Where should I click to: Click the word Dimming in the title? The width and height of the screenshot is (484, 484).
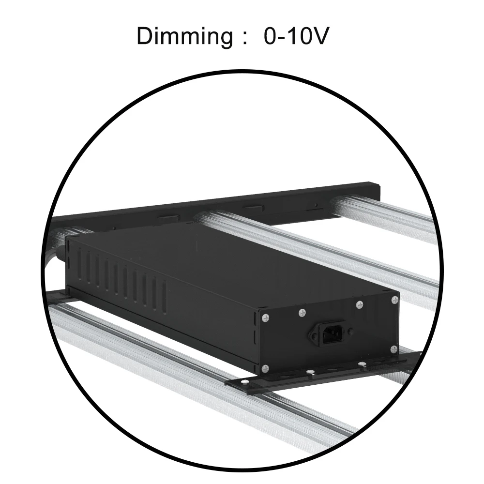pyautogui.click(x=184, y=37)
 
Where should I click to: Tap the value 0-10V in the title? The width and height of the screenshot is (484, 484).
pyautogui.click(x=296, y=36)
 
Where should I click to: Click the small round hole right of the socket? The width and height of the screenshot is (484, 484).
pyautogui.click(x=350, y=332)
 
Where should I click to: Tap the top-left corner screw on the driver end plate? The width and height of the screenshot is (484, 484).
pyautogui.click(x=265, y=317)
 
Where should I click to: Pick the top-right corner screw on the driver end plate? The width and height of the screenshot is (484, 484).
pyautogui.click(x=395, y=300)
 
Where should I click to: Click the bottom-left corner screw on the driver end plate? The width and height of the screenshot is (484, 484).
pyautogui.click(x=265, y=368)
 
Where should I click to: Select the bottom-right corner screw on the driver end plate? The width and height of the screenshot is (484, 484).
pyautogui.click(x=393, y=349)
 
